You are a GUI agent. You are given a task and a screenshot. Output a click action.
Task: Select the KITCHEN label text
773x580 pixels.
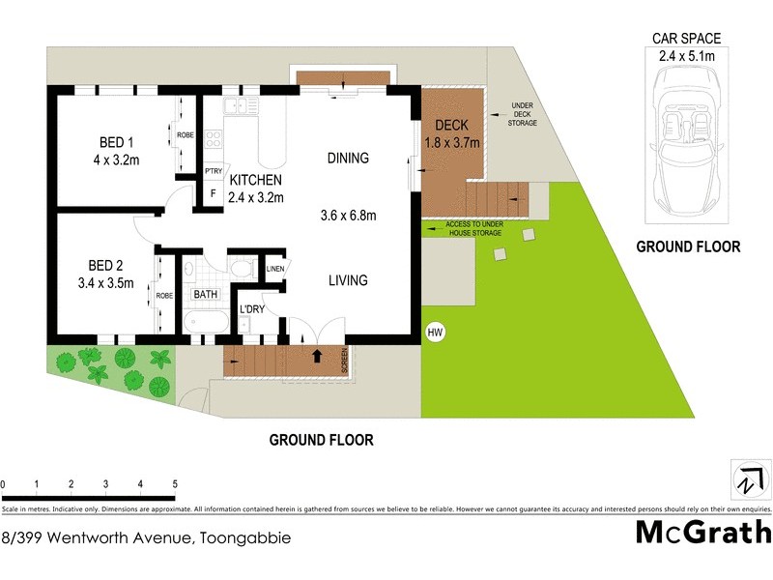[255, 180]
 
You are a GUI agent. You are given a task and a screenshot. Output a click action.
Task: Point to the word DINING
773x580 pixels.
[348, 159]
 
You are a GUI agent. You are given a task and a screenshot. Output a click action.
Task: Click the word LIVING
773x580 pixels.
[348, 280]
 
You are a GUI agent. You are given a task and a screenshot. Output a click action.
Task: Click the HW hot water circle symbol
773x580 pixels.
[435, 333]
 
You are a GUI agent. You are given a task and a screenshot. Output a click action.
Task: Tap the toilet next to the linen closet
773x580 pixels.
[243, 269]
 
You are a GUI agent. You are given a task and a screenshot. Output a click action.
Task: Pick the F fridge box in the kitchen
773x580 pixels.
[213, 192]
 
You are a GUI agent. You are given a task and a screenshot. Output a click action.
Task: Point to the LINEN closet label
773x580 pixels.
[275, 268]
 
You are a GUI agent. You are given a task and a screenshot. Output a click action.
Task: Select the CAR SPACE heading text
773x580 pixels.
[686, 39]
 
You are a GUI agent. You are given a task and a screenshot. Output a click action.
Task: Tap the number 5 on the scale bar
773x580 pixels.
[175, 484]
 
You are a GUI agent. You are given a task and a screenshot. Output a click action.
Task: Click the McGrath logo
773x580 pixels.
[702, 532]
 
